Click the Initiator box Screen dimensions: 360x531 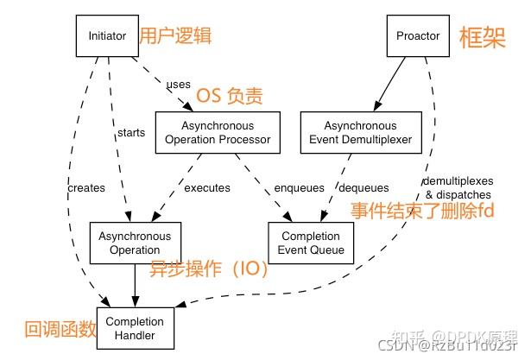[108, 36]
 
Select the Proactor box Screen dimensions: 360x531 [418, 36]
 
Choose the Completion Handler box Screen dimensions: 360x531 [135, 327]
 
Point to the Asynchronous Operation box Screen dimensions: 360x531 [134, 243]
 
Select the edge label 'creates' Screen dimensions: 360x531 [85, 187]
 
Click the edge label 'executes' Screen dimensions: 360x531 [207, 187]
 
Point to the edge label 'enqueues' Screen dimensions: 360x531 [299, 187]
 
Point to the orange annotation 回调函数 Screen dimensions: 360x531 [58, 328]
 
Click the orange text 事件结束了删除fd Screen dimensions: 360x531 [422, 210]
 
